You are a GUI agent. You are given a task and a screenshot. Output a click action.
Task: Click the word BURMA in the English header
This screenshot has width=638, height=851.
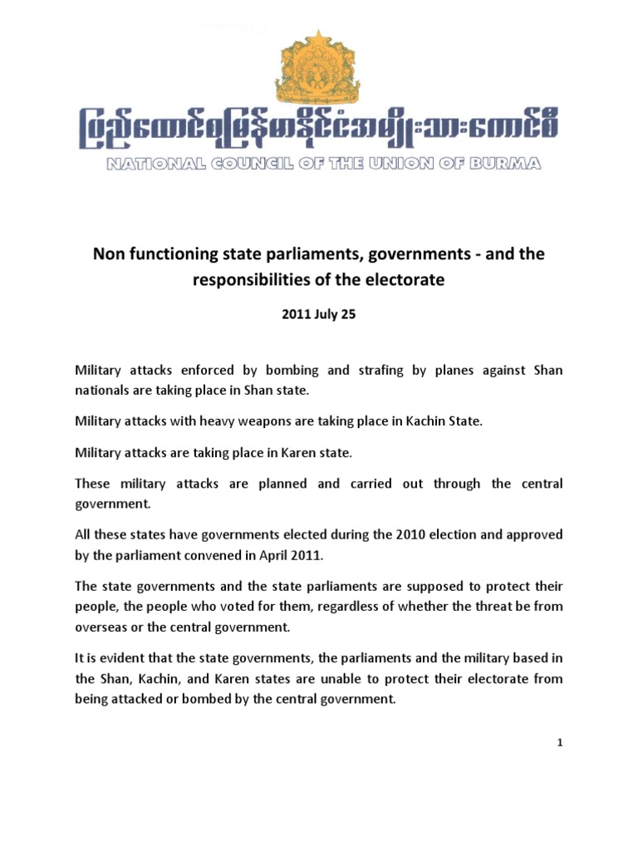point(508,164)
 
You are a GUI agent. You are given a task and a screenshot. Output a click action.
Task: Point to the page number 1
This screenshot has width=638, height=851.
point(560,743)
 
